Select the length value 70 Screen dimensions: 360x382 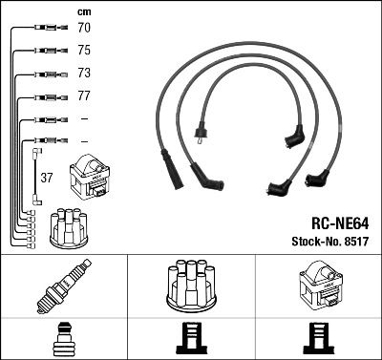coord(84,30)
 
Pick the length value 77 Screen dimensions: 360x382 coord(84,96)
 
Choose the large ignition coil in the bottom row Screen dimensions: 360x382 coord(318,286)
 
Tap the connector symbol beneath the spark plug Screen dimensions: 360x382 coord(63,338)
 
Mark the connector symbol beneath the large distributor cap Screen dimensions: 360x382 coord(191,338)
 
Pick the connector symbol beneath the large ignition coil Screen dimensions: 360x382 coord(318,338)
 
